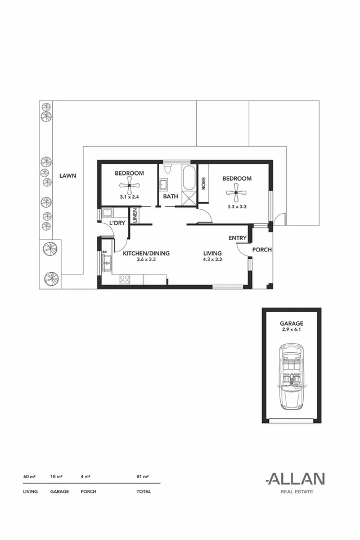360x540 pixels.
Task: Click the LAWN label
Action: pyautogui.click(x=67, y=175)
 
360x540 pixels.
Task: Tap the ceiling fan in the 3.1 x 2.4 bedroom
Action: pyautogui.click(x=129, y=185)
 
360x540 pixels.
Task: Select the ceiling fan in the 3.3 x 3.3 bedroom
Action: pyautogui.click(x=236, y=193)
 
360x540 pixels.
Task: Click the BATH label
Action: pyautogui.click(x=170, y=197)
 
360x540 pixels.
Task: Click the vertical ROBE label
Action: pyautogui.click(x=204, y=183)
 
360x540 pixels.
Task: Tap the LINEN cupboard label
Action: pyautogui.click(x=134, y=215)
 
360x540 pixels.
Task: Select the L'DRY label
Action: pyautogui.click(x=117, y=223)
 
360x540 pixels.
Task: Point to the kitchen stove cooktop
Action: pyautogui.click(x=125, y=278)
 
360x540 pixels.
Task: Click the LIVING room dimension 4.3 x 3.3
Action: pyautogui.click(x=213, y=260)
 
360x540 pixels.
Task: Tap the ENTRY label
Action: pyautogui.click(x=237, y=238)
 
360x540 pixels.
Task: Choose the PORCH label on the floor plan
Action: pyautogui.click(x=262, y=250)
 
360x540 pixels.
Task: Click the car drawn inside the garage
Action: pyautogui.click(x=291, y=376)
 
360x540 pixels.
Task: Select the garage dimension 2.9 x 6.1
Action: pyautogui.click(x=291, y=330)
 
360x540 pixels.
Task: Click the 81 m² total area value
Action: pyautogui.click(x=142, y=476)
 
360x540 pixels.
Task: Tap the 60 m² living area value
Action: pyautogui.click(x=29, y=476)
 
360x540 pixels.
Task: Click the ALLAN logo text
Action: pyautogui.click(x=295, y=479)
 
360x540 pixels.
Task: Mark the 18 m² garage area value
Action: pyautogui.click(x=56, y=476)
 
